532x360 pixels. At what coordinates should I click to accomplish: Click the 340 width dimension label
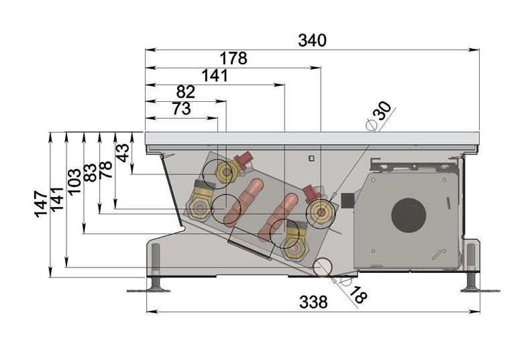312,40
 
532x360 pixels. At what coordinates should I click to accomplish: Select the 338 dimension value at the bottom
313,302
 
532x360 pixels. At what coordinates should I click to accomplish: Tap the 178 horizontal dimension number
233,58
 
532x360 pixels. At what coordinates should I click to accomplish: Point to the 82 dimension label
186,92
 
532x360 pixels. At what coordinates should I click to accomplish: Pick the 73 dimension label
182,109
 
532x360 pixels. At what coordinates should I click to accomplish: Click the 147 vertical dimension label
41,204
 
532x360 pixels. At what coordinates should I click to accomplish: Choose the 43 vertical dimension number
123,153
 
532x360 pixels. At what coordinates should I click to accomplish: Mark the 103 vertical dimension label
74,182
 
